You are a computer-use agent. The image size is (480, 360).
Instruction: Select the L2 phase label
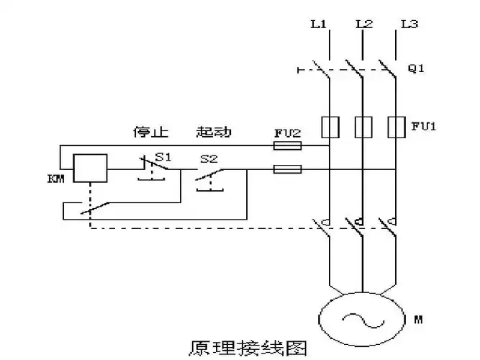pos(364,24)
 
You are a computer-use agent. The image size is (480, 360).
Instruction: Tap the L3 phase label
pos(409,24)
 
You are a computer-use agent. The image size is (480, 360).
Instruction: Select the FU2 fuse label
pos(286,133)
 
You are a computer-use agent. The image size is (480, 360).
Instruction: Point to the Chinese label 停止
pos(150,132)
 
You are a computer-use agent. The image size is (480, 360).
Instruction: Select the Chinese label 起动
pos(214,132)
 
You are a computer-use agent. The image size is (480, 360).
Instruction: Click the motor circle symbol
pos(362,317)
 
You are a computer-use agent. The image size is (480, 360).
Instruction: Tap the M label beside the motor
pos(418,318)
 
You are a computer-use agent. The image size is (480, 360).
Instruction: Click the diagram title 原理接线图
pos(248,348)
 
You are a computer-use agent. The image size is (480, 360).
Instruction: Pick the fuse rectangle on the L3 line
pos(396,127)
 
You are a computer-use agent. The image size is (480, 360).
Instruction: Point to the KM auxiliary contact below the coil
pos(94,208)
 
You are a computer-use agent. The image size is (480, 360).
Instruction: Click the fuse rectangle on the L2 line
pos(363,127)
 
